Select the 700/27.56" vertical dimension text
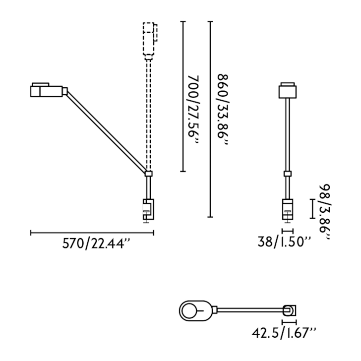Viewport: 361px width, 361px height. pos(193,110)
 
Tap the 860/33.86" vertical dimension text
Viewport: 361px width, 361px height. pos(222,110)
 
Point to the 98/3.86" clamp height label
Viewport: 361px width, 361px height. pos(324,212)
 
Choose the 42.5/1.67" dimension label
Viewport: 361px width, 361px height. pos(284,333)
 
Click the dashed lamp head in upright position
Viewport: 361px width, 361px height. pos(150,41)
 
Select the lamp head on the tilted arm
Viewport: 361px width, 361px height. pos(49,90)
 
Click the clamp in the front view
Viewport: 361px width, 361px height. pos(288,210)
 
